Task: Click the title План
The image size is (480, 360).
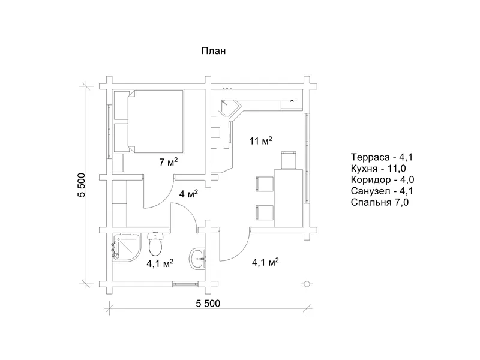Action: [214, 51]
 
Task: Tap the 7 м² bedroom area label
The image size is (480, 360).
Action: [169, 162]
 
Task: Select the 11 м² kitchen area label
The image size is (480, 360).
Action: [260, 141]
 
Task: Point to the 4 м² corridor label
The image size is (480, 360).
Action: [188, 194]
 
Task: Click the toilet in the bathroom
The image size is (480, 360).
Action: [156, 244]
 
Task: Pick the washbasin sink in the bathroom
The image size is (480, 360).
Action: [197, 259]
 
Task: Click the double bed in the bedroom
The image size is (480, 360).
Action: [149, 122]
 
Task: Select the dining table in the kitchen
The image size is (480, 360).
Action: [289, 198]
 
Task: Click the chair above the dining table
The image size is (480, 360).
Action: [289, 160]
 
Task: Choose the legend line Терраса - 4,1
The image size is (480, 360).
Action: [382, 157]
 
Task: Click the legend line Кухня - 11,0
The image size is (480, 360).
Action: [379, 169]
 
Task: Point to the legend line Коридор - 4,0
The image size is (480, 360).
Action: [382, 179]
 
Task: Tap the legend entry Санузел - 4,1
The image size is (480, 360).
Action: [382, 191]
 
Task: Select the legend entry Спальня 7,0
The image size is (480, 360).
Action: [380, 202]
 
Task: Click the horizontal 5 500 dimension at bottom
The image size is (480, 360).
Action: [208, 304]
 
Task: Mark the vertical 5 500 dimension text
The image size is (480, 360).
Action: [82, 185]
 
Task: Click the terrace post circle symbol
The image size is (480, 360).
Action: [307, 284]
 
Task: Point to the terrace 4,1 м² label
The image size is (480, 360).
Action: [265, 262]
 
